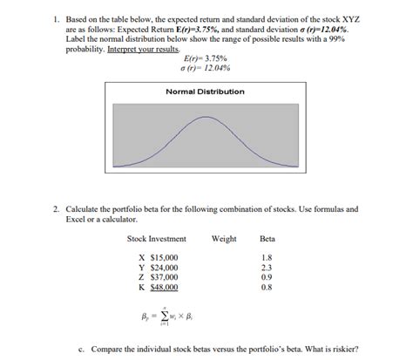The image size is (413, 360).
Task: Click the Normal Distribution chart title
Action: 205,92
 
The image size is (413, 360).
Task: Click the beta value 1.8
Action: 267,258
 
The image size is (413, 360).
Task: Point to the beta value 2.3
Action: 267,268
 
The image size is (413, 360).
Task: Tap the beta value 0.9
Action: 267,277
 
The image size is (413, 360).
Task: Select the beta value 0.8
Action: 267,287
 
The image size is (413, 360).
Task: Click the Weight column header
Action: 223,239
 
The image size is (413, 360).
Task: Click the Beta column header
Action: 267,239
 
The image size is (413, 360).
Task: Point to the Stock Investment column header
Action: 156,239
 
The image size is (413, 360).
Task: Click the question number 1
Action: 55,18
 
